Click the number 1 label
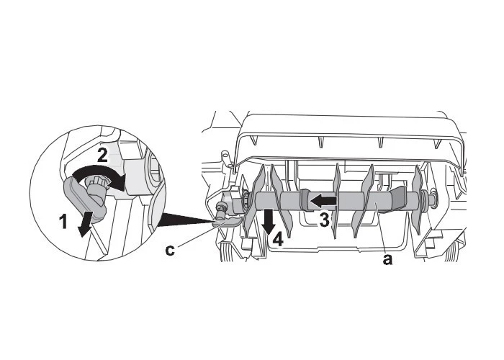click(x=63, y=222)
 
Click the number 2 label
click(x=102, y=156)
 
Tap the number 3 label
click(x=324, y=220)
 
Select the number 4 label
click(x=278, y=240)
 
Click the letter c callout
click(x=170, y=250)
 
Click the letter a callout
click(x=387, y=259)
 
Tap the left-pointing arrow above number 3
click(x=323, y=201)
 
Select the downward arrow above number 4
click(x=269, y=222)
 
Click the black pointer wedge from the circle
click(x=186, y=219)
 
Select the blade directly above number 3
click(x=336, y=201)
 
